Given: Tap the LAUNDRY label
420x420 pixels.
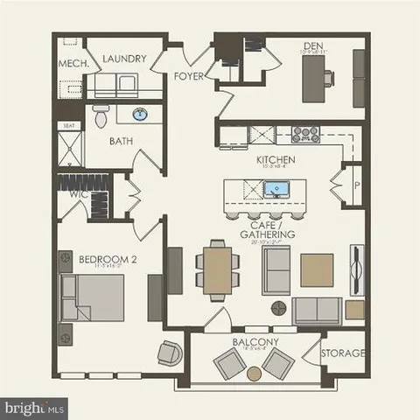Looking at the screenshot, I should point(122,59).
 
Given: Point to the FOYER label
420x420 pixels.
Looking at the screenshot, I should point(188,76).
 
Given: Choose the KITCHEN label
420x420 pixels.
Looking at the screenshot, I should point(275,160).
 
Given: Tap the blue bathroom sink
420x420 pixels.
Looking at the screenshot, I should point(140,114).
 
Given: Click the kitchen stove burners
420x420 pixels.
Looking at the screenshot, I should point(305,134).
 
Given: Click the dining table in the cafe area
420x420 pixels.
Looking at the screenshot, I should point(215,267).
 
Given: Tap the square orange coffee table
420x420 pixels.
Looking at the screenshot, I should point(316,269).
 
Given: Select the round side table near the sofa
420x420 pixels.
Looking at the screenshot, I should point(278,307).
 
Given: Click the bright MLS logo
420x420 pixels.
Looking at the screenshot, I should point(35,407).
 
